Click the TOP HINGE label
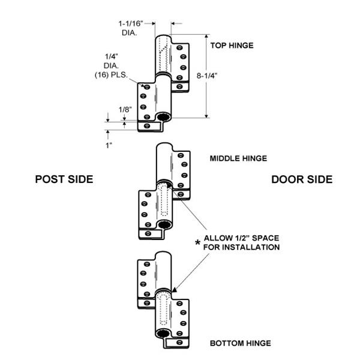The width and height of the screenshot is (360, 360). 232,45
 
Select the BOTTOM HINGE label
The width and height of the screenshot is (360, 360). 240,343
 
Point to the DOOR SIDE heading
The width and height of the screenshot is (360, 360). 302,179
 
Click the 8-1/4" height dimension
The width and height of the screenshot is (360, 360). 223,76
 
